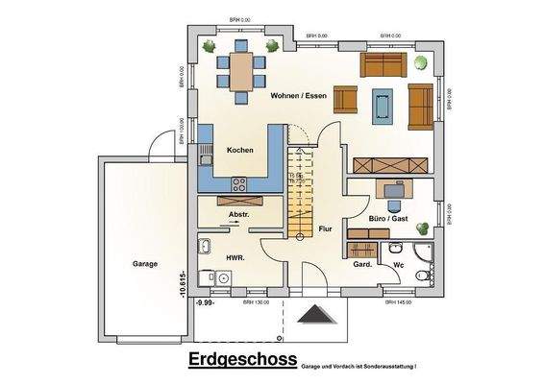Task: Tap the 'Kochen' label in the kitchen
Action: (239, 152)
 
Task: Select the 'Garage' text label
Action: (145, 263)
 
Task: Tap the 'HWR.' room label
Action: (235, 258)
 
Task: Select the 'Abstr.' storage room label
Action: (238, 215)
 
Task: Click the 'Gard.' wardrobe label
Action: (362, 263)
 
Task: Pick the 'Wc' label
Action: (397, 263)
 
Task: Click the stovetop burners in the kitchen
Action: (238, 183)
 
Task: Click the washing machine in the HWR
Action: (222, 278)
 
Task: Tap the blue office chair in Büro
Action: (394, 204)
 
